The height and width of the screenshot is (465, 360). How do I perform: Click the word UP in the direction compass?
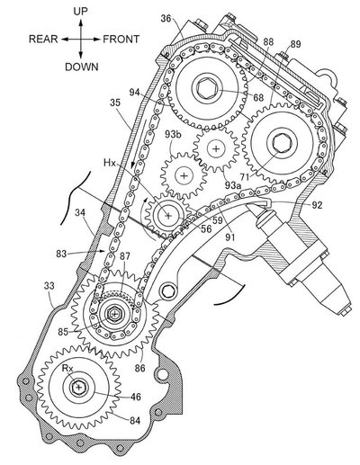pos(81,12)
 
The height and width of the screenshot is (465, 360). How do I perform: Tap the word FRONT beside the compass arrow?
pos(121,39)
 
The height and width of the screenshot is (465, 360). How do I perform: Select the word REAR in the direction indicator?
pos(43,39)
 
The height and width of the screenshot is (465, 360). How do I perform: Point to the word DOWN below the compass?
pos(82,67)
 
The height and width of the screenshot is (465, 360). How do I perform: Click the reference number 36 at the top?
pos(166,19)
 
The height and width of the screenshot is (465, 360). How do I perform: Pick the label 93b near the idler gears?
pos(173,134)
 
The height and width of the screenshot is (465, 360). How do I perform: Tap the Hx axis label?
pos(110,163)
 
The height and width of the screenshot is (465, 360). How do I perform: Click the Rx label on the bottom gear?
pos(67,368)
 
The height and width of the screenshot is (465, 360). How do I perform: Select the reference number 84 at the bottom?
pos(135,421)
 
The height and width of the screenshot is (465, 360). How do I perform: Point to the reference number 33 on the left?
pos(49,286)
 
